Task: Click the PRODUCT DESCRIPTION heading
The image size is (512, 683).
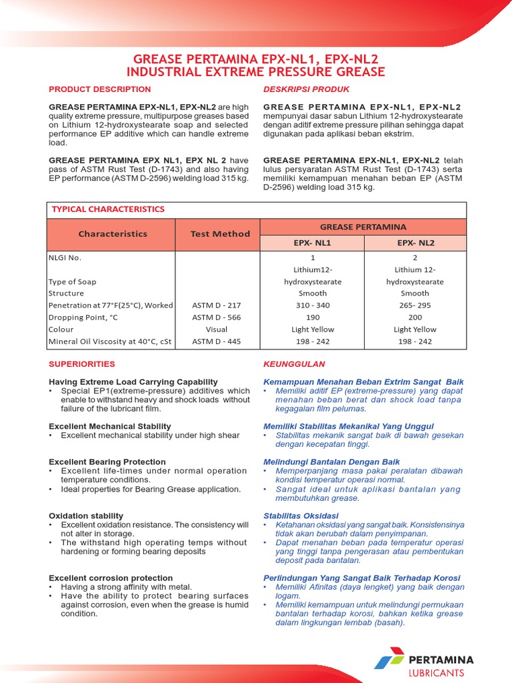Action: (x=100, y=89)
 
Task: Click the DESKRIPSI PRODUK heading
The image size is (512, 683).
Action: (x=306, y=89)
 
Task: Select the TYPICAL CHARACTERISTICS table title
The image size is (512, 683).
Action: (x=108, y=209)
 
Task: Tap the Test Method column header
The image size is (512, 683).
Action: (x=220, y=234)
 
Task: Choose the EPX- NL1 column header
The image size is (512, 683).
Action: (x=313, y=243)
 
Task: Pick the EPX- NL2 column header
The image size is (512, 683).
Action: (x=415, y=243)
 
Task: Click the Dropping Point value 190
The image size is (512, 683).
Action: (x=313, y=317)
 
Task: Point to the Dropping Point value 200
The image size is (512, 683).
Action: (x=415, y=317)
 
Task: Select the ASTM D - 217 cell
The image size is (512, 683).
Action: (x=216, y=305)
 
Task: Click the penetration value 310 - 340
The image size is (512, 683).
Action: (x=313, y=305)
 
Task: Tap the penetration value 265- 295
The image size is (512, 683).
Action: (x=415, y=305)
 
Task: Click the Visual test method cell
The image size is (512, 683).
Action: (x=216, y=329)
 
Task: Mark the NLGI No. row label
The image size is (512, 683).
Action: (x=65, y=257)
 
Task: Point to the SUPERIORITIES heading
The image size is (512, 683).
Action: (x=82, y=364)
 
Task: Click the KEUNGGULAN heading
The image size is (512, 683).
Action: (x=294, y=364)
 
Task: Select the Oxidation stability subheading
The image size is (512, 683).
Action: (x=86, y=516)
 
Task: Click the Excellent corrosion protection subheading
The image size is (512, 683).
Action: (x=111, y=578)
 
